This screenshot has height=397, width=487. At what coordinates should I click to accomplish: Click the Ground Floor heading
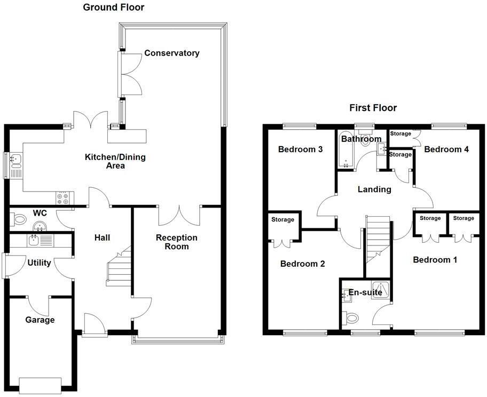113,7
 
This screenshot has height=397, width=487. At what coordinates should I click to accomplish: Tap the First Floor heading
373,108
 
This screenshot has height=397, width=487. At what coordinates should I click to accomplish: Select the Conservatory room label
171,53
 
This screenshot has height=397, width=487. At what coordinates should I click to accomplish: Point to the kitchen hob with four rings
62,198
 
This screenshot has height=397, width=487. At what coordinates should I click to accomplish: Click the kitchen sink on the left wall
15,158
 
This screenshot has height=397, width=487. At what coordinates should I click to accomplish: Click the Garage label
40,320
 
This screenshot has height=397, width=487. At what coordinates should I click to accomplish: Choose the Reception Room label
176,242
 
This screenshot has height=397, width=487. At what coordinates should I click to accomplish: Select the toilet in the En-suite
351,319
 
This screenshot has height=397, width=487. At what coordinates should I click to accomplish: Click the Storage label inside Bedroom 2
282,219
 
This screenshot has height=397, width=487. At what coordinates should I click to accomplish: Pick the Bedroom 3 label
300,149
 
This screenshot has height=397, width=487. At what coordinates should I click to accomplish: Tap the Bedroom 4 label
446,149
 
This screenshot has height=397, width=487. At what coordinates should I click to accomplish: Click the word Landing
374,189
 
